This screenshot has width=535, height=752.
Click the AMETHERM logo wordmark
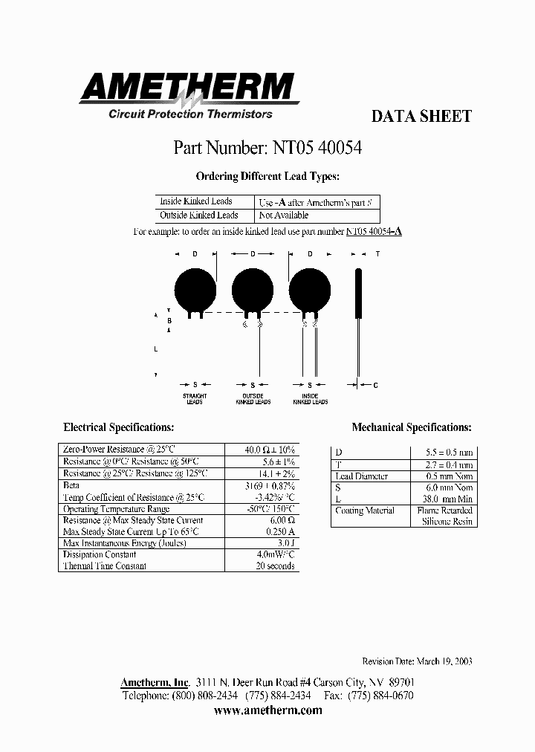click(187, 88)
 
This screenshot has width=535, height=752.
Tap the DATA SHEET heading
click(421, 117)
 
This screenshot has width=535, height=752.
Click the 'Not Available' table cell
click(283, 215)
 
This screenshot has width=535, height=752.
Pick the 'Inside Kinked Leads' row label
click(195, 201)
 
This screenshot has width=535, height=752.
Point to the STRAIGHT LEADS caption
click(195, 399)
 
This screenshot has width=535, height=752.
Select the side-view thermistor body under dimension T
click(357, 292)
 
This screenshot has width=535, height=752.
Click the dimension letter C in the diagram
click(376, 385)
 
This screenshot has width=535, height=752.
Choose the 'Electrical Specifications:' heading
click(119, 427)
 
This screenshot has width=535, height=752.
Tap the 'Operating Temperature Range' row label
click(116, 509)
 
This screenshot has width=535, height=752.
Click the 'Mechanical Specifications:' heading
click(411, 427)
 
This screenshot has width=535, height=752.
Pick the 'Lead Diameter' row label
click(362, 476)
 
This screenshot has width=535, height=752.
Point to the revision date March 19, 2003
click(417, 661)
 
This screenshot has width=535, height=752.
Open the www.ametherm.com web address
click(267, 710)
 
